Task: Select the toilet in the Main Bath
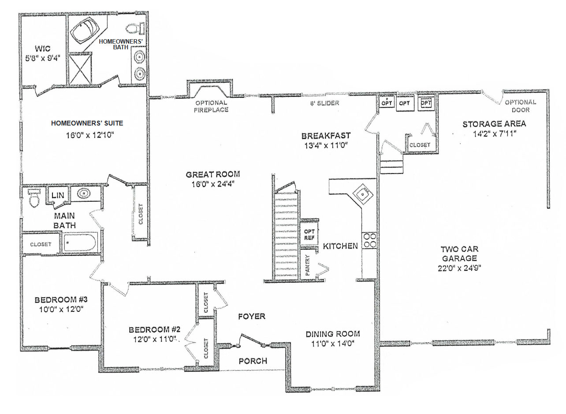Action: click(x=34, y=198)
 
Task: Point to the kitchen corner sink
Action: click(x=363, y=194)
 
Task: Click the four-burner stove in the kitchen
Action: click(x=370, y=240)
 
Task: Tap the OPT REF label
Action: click(x=309, y=234)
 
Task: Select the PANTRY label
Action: click(x=308, y=265)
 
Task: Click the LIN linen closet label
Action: click(x=58, y=195)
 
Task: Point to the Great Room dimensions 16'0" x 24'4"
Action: click(x=213, y=184)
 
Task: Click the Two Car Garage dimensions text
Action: click(x=459, y=268)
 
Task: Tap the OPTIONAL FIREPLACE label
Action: click(x=211, y=106)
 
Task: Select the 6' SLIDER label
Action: click(x=325, y=103)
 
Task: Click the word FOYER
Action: click(x=252, y=316)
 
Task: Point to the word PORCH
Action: click(x=253, y=361)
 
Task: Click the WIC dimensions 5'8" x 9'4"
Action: click(x=43, y=58)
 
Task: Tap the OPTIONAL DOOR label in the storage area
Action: click(x=521, y=106)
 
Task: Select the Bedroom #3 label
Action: click(x=61, y=299)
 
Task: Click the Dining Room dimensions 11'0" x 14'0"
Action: click(x=333, y=344)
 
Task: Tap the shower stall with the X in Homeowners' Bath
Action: click(x=80, y=69)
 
